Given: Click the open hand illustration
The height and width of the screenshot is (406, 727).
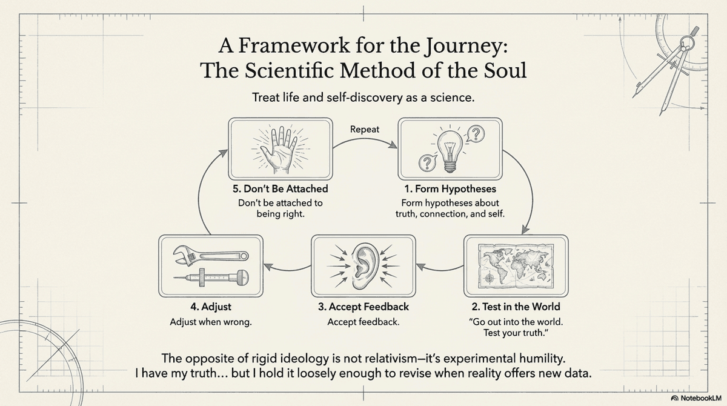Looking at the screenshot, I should (281, 149).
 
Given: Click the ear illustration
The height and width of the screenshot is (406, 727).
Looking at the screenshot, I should (363, 267).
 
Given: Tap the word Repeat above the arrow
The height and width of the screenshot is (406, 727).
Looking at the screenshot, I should (364, 129).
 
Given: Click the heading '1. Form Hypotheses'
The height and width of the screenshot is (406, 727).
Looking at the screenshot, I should (450, 189).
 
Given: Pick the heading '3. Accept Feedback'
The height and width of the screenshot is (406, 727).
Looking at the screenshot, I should (363, 307).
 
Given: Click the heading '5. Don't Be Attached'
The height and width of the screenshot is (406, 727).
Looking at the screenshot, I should (281, 189).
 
